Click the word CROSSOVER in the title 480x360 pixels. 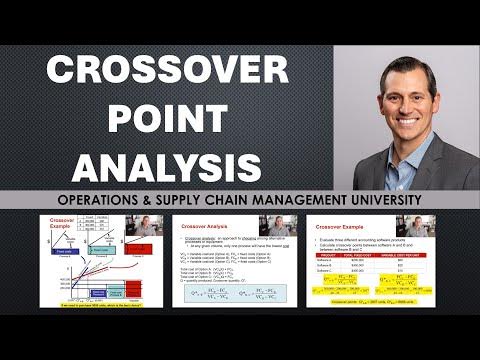(166, 73)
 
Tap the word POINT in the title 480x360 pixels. (166, 118)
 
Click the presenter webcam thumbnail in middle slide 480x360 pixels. (276, 227)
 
